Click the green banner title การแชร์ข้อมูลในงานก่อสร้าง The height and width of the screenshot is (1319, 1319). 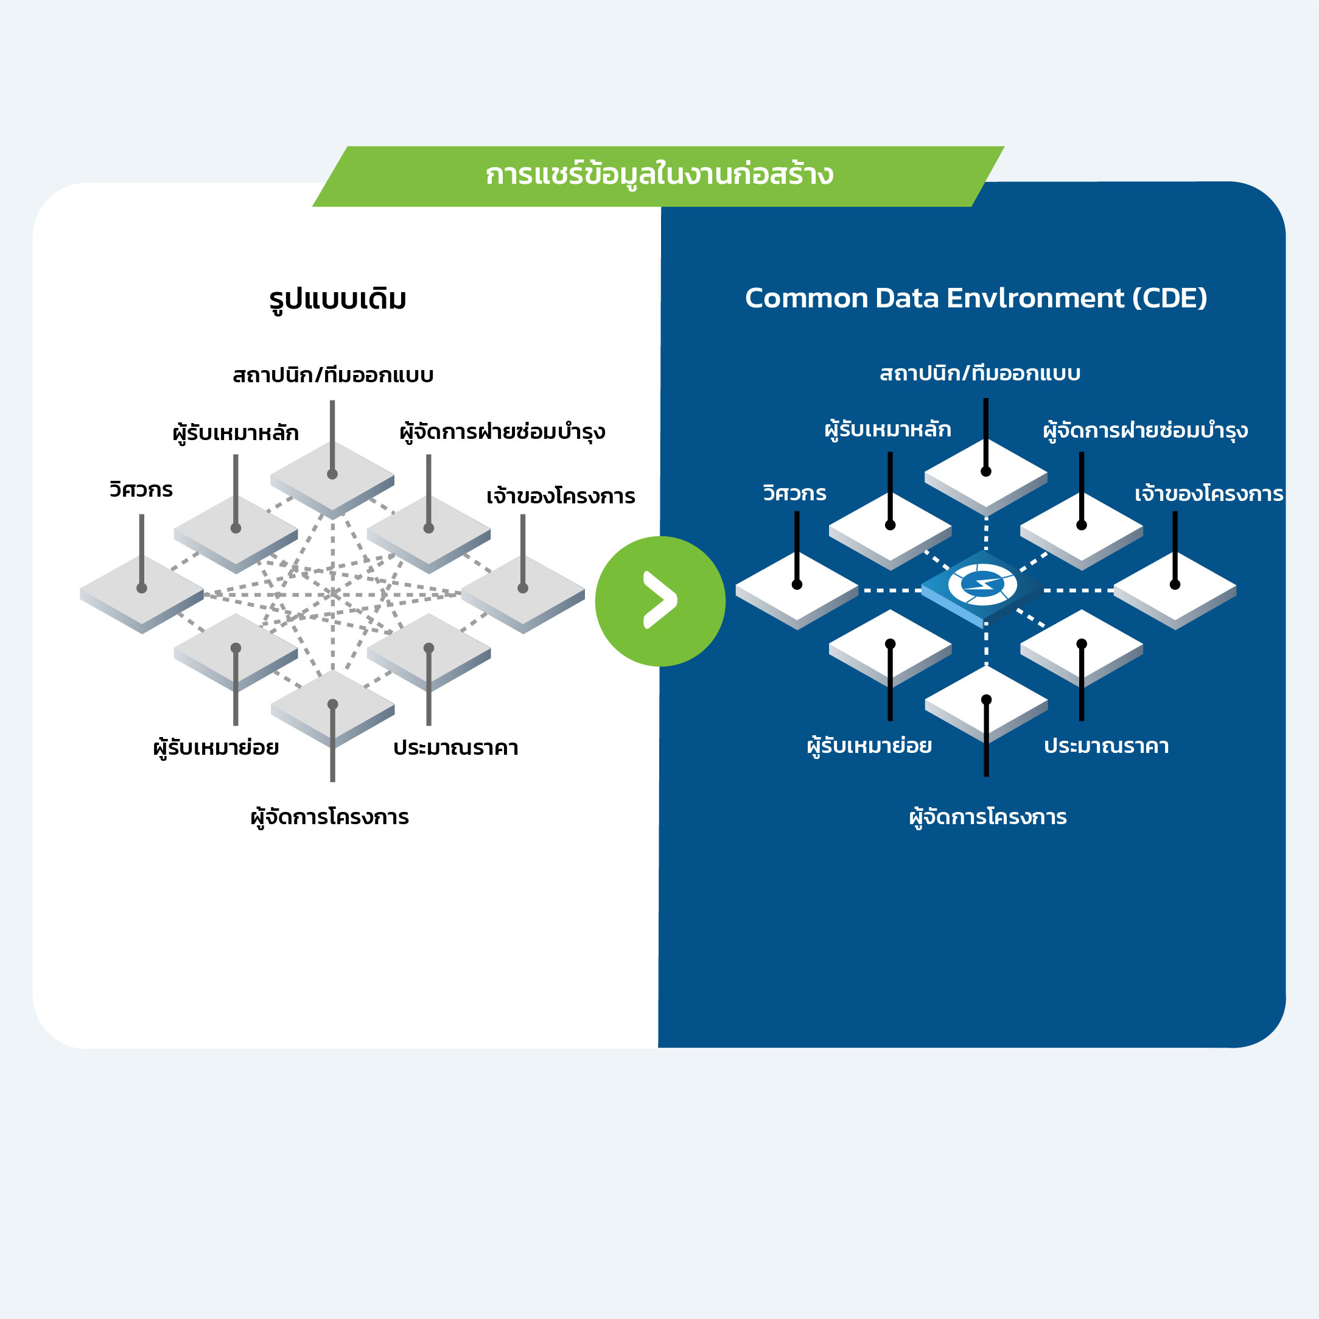point(659,175)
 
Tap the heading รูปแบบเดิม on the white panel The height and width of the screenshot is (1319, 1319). point(338,299)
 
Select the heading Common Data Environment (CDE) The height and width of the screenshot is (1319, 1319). point(976,298)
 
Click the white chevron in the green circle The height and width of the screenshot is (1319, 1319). point(660,600)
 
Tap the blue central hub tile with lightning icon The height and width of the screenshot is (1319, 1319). point(983,587)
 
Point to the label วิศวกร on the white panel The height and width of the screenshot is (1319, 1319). point(141,489)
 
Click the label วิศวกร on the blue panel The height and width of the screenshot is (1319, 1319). point(795,493)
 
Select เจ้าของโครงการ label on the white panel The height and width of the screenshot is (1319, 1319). point(561,496)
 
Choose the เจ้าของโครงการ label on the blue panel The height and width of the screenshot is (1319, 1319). point(1208,494)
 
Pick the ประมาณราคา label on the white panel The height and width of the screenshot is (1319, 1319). point(455,747)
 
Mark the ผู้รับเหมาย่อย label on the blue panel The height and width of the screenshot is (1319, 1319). point(869,746)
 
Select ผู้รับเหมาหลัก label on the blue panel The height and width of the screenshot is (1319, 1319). point(887,430)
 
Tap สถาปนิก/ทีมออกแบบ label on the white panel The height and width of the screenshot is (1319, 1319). point(333,376)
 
